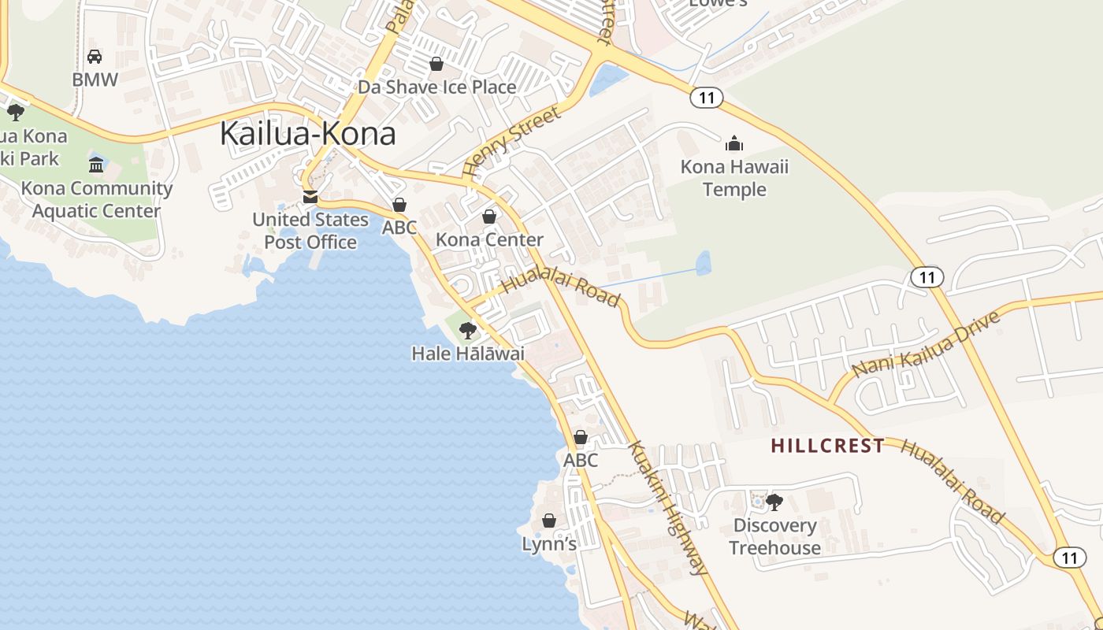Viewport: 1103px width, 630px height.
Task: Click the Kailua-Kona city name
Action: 307,133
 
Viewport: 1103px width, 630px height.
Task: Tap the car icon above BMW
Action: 95,57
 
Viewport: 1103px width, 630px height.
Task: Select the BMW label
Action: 95,80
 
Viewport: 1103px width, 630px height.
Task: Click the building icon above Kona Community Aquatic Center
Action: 96,165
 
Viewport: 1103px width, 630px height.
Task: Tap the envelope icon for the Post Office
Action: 310,196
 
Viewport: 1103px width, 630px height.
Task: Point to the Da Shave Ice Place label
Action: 437,87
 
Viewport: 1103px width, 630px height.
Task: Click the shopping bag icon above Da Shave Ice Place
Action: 436,64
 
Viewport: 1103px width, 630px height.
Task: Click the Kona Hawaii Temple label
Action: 734,178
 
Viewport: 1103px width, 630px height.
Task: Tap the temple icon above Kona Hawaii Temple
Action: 734,143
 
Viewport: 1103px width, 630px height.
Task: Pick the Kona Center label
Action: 489,239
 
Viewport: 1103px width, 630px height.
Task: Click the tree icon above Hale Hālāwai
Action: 468,330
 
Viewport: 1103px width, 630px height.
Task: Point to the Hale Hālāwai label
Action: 468,354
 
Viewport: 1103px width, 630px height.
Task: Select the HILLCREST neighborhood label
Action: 827,446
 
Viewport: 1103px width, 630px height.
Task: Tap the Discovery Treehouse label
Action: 774,536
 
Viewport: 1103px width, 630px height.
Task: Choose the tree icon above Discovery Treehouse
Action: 774,502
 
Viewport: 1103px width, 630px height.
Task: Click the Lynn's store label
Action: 549,544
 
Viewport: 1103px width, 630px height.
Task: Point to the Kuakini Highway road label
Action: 667,508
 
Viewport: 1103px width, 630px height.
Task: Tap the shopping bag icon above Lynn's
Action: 549,521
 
